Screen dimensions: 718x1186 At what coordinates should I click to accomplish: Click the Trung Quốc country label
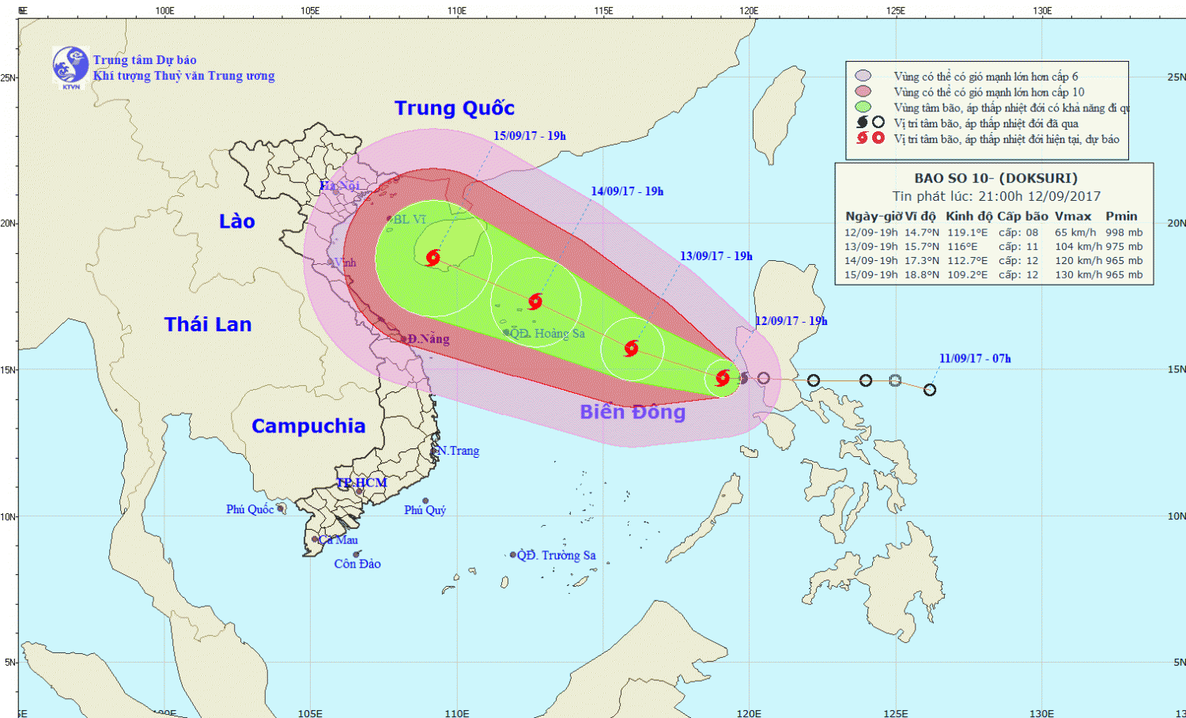point(455,108)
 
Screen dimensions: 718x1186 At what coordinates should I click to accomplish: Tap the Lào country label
point(237,221)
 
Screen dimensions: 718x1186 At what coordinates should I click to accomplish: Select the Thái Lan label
point(208,324)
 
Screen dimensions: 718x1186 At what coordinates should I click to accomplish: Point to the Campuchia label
point(308,426)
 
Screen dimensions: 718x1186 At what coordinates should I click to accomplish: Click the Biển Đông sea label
point(633,412)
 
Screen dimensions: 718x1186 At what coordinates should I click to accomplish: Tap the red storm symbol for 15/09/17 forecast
point(432,258)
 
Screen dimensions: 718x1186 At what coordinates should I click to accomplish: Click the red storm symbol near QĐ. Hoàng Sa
point(535,301)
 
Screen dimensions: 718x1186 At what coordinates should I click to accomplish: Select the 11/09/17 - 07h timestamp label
point(975,358)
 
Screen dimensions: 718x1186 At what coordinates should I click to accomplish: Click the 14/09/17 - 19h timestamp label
point(627,191)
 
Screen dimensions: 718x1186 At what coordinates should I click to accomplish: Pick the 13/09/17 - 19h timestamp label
point(716,256)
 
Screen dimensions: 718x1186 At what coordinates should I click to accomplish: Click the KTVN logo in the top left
point(70,66)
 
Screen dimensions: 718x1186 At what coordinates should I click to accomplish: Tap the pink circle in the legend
point(863,76)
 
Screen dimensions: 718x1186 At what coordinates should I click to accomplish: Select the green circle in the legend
point(863,107)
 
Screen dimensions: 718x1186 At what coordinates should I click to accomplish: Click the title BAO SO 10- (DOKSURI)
point(995,179)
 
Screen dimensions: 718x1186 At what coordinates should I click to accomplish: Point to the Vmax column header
point(1072,216)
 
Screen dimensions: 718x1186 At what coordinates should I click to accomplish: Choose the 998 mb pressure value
point(1124,232)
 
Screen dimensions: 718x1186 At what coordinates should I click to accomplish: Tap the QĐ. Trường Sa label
point(557,555)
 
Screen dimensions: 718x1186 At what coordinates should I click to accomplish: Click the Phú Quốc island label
point(250,509)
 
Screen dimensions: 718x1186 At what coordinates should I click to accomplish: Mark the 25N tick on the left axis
point(9,77)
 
